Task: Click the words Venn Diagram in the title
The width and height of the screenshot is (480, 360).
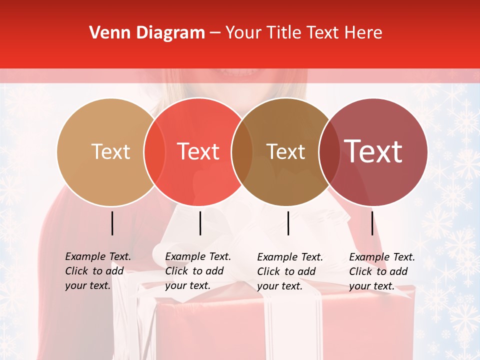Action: (x=147, y=33)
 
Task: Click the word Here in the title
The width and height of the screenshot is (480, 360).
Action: (x=364, y=33)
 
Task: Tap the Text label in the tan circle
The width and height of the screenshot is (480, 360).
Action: (x=110, y=151)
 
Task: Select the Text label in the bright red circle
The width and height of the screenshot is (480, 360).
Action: (x=198, y=151)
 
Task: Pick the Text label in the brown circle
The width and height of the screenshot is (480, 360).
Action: (x=285, y=151)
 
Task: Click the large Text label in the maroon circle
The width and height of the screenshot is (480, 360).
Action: (x=373, y=151)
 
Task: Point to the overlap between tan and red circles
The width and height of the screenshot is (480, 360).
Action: (x=154, y=152)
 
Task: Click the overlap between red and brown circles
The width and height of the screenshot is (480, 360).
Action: (x=242, y=152)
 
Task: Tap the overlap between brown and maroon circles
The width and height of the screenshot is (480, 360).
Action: (x=328, y=152)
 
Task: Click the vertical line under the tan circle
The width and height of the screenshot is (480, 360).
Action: (x=112, y=223)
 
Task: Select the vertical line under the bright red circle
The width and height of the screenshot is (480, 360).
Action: (x=200, y=223)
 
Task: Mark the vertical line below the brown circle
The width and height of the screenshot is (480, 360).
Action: (x=288, y=223)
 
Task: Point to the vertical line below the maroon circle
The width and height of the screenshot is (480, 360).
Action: (x=372, y=223)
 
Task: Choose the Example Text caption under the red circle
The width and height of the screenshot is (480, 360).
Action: (x=198, y=256)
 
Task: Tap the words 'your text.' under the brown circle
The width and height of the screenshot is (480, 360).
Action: (x=279, y=286)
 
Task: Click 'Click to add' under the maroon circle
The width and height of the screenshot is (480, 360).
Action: (x=378, y=271)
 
